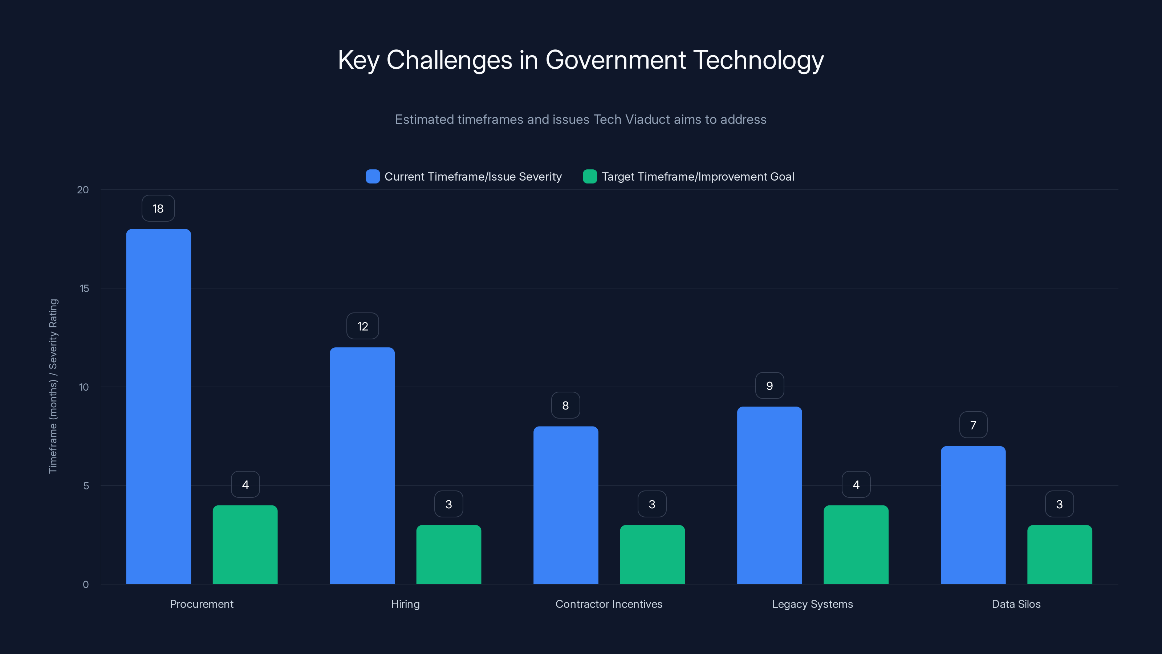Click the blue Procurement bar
[x=158, y=406]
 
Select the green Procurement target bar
[x=245, y=544]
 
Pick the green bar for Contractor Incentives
[x=652, y=554]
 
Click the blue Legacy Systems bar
[x=769, y=495]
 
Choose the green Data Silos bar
[x=1060, y=554]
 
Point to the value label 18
[x=158, y=209]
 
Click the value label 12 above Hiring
[x=363, y=326]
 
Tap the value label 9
[x=769, y=386]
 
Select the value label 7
[x=973, y=425]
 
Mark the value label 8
[x=565, y=406]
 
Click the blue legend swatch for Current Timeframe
[x=373, y=177]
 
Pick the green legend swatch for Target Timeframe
[x=590, y=177]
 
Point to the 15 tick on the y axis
[x=84, y=288]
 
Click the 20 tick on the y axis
[x=83, y=190]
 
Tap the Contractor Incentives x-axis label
[x=609, y=604]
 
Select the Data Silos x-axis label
[x=1016, y=604]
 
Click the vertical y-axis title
[x=53, y=386]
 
